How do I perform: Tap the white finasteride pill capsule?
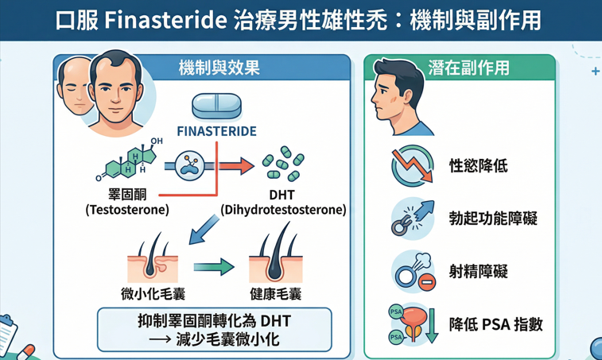click(x=217, y=106)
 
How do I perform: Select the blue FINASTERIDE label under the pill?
click(x=216, y=131)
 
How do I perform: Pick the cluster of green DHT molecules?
click(x=284, y=163)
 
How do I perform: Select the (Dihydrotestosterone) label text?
click(x=284, y=210)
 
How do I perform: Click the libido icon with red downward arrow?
click(x=412, y=166)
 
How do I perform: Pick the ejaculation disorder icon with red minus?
click(x=412, y=271)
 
